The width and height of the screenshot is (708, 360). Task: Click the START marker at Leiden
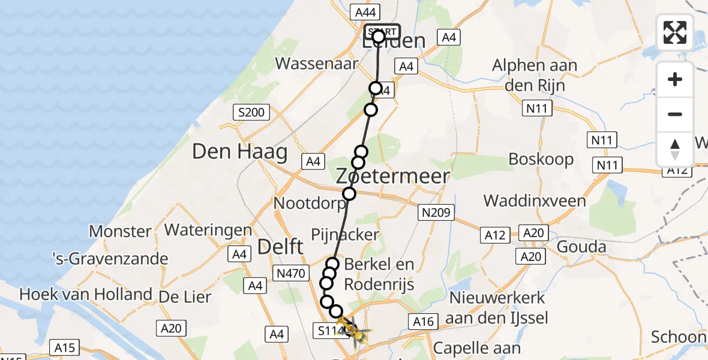tap(382, 32)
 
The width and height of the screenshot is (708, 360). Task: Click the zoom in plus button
tap(675, 79)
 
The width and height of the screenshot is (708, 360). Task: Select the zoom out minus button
tap(675, 114)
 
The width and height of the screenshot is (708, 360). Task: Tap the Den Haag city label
tap(240, 151)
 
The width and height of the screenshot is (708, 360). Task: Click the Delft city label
tap(281, 246)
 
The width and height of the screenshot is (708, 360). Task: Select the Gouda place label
tap(581, 247)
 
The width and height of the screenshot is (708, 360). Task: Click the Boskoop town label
tap(541, 159)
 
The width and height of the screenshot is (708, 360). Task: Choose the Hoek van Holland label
tap(86, 295)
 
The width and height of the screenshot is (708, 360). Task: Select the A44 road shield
tap(365, 12)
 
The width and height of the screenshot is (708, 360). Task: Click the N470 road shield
tap(291, 274)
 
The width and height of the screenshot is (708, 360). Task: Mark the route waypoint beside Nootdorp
tap(349, 194)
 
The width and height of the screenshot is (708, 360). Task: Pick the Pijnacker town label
tap(345, 234)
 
